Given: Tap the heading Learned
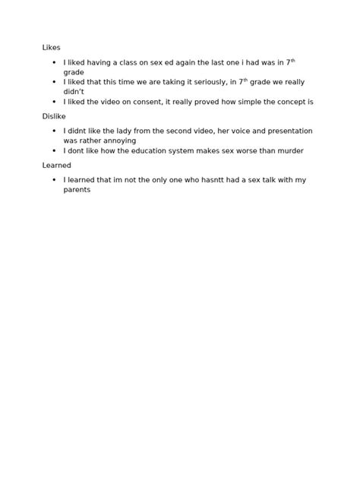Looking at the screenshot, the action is coord(56,165).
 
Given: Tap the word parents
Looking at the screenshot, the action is coord(77,190).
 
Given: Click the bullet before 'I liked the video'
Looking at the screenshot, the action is coord(55,102).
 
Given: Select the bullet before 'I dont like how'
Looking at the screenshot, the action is coord(55,150).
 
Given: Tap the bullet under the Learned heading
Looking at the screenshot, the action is coord(55,180).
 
